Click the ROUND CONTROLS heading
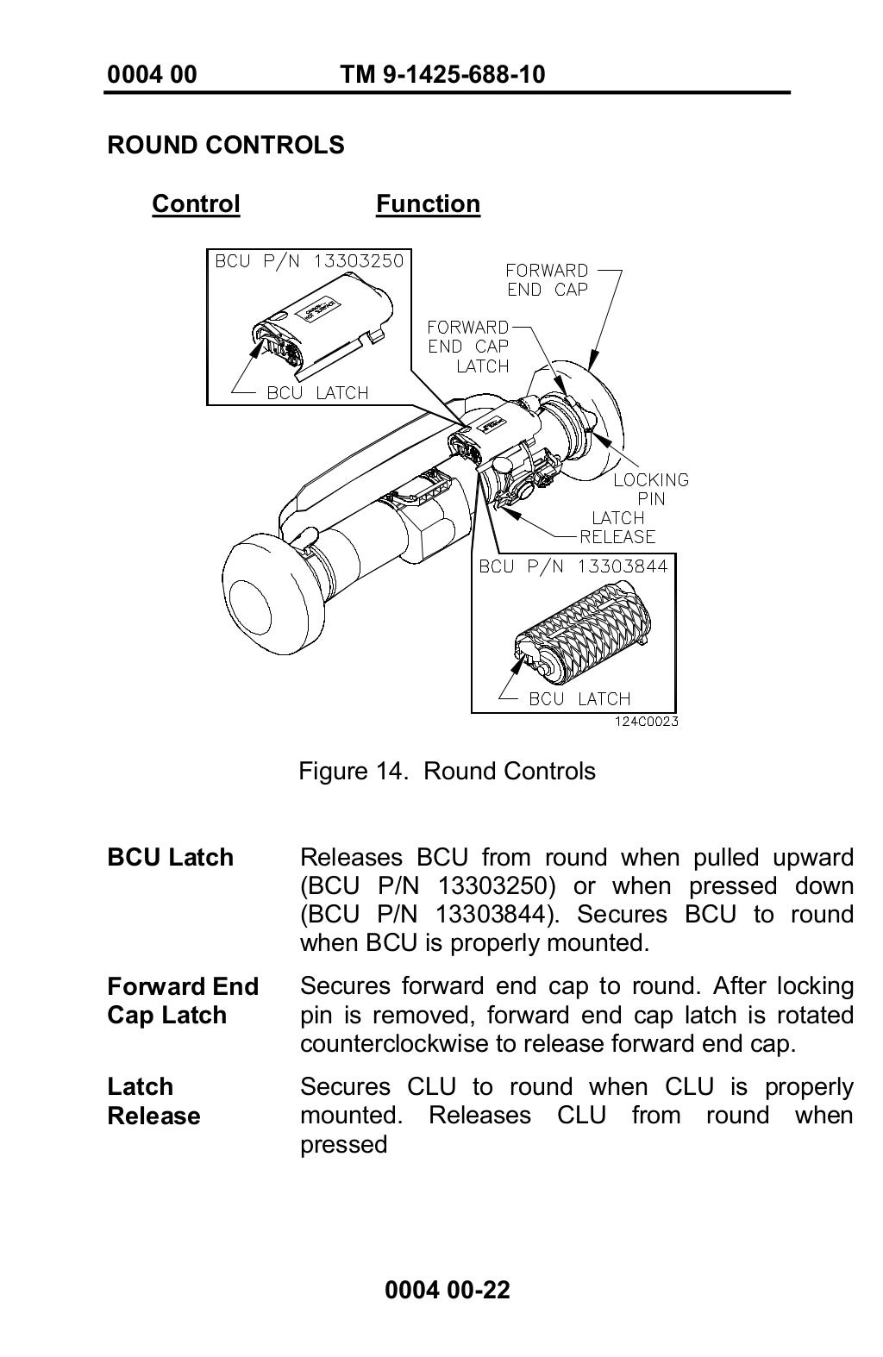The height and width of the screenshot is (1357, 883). click(x=225, y=145)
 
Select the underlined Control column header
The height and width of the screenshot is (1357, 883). click(x=196, y=204)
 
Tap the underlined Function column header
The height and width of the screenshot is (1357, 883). click(x=428, y=204)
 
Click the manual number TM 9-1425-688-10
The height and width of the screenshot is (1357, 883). click(x=442, y=75)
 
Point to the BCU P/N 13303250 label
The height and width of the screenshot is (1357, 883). click(x=309, y=261)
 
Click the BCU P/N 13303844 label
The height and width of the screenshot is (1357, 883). click(x=573, y=566)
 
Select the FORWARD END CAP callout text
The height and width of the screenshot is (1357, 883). click(x=547, y=280)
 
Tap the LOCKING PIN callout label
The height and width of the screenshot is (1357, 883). click(x=651, y=489)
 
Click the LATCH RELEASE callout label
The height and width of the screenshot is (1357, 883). click(x=617, y=527)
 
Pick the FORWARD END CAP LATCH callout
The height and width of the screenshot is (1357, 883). click(x=468, y=347)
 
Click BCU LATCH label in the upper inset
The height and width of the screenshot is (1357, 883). click(x=317, y=393)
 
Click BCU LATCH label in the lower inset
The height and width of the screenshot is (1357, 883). click(x=579, y=699)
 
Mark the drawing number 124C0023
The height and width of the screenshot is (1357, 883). click(x=646, y=722)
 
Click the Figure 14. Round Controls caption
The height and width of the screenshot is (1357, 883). click(x=447, y=771)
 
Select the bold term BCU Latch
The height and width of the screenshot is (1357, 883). click(x=170, y=858)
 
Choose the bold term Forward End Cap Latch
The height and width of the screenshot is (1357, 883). click(x=183, y=1001)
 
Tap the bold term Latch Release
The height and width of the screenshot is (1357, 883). click(x=153, y=1101)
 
